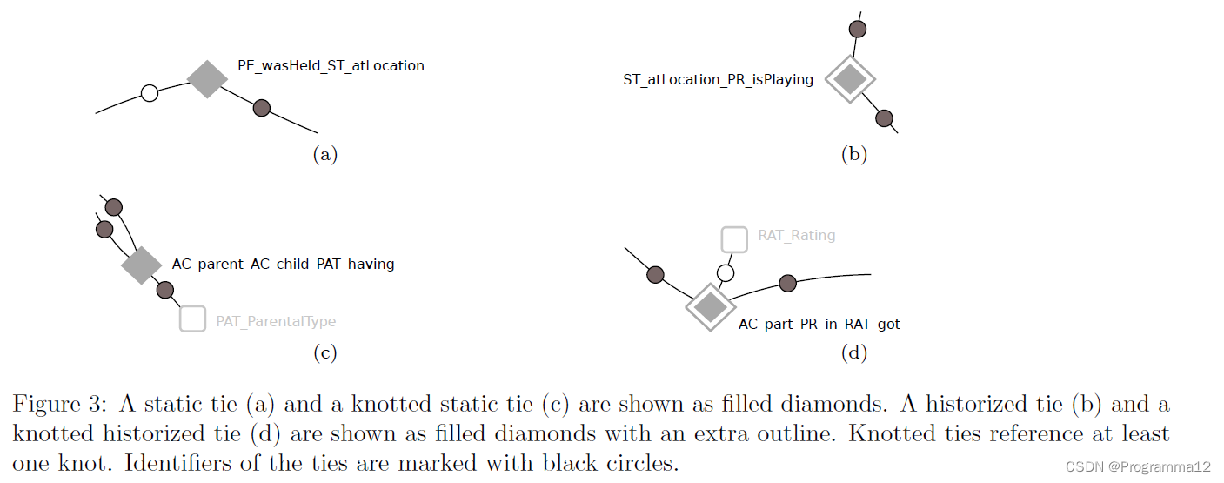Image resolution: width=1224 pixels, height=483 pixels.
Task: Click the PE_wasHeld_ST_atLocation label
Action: click(x=331, y=65)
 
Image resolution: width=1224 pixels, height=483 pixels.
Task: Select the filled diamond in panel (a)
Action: click(x=207, y=79)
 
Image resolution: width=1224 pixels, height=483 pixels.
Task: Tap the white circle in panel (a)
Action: click(x=150, y=92)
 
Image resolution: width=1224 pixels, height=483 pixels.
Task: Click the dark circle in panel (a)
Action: click(x=261, y=108)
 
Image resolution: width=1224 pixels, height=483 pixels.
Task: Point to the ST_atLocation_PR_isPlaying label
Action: click(x=718, y=80)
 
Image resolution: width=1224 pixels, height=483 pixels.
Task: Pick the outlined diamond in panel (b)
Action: click(x=849, y=79)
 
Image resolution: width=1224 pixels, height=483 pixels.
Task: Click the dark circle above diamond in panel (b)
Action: click(x=857, y=30)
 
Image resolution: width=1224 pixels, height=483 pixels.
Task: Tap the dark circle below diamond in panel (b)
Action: click(x=885, y=118)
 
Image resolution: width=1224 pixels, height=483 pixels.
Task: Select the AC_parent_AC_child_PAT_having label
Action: click(x=283, y=264)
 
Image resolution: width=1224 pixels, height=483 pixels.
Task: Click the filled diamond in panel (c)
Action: click(x=141, y=265)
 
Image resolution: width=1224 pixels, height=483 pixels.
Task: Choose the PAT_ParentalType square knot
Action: click(x=192, y=319)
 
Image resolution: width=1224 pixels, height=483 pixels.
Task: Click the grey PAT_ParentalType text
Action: click(x=276, y=321)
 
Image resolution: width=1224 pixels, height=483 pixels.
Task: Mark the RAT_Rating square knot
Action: click(x=734, y=239)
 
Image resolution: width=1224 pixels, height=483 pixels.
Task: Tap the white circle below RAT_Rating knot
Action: click(x=726, y=273)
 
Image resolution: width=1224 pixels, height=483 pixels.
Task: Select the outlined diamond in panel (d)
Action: click(x=710, y=306)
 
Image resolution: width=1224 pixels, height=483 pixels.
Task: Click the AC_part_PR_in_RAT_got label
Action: click(x=819, y=325)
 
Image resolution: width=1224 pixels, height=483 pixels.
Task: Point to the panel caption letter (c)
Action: click(x=324, y=353)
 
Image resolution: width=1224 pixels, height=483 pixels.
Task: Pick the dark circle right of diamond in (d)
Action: click(x=787, y=283)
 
